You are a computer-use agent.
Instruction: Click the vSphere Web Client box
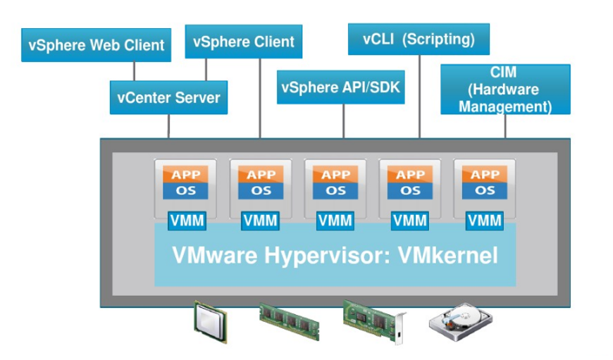[97, 45]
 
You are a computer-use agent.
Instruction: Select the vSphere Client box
[244, 42]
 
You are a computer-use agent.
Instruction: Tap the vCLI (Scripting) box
[419, 39]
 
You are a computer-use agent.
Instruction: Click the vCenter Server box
[169, 97]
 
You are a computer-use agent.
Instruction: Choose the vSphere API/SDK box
[341, 87]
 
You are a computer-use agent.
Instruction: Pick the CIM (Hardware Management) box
[505, 89]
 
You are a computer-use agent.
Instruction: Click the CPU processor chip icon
[211, 323]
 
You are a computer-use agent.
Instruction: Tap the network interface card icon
[374, 321]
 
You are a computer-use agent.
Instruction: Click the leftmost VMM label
[187, 221]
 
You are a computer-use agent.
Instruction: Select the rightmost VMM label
[485, 221]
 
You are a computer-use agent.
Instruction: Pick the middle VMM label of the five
[335, 221]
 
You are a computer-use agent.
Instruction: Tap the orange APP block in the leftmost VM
[187, 175]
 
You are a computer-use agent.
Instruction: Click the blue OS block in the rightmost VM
[485, 190]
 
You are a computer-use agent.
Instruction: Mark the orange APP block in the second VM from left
[261, 175]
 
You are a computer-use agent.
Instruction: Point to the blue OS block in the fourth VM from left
[410, 190]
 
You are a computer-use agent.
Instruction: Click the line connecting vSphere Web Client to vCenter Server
[135, 70]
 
